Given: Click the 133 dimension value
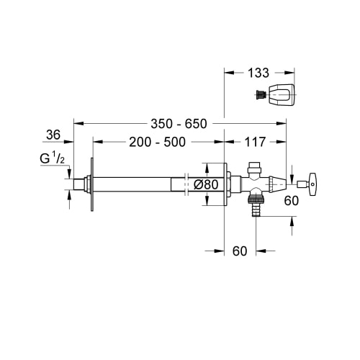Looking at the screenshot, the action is pyautogui.click(x=258, y=73).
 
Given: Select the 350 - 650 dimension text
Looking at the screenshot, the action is pyautogui.click(x=179, y=124).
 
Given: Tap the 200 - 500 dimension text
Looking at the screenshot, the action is pyautogui.click(x=157, y=142).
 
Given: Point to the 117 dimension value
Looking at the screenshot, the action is pyautogui.click(x=255, y=142).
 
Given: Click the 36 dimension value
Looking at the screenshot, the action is pyautogui.click(x=53, y=135).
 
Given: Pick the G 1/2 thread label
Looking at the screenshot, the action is pyautogui.click(x=52, y=158).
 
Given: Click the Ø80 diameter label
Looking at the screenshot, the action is pyautogui.click(x=206, y=184).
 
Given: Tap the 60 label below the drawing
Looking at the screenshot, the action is pyautogui.click(x=240, y=251).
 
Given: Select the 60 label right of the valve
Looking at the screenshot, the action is pyautogui.click(x=292, y=201).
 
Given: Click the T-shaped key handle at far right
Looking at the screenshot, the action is pyautogui.click(x=312, y=184).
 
